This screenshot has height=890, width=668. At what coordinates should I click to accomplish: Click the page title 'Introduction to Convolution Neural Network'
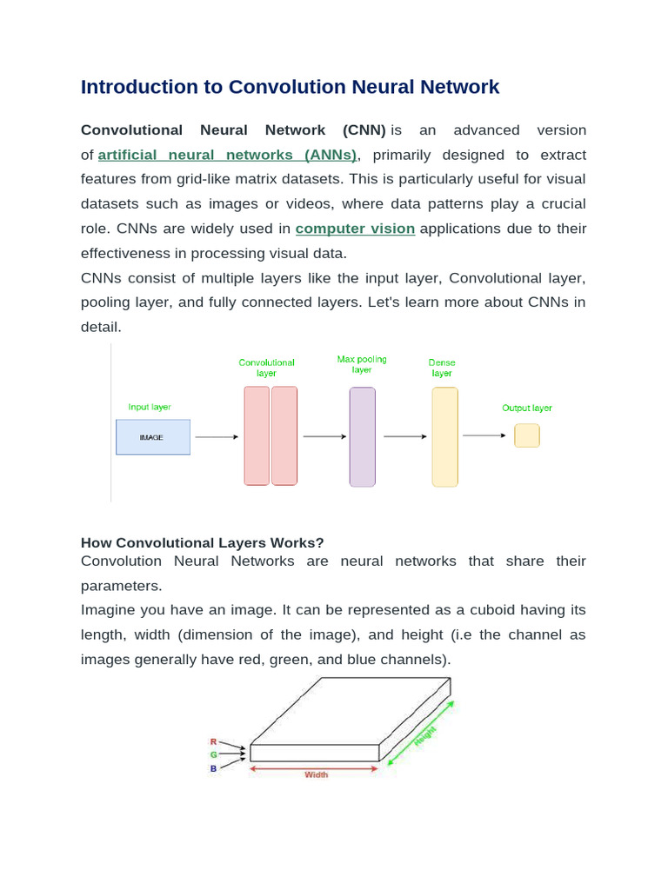[290, 87]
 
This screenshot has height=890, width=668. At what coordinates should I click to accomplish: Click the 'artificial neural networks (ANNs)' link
[228, 155]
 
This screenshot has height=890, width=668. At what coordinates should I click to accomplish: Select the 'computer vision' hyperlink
[355, 229]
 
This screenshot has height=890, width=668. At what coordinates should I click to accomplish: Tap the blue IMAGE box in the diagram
[152, 437]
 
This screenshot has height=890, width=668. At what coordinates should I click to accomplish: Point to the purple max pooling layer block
[362, 436]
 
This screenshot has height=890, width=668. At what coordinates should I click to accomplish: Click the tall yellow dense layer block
[444, 436]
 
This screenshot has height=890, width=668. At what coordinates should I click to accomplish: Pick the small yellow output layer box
[526, 435]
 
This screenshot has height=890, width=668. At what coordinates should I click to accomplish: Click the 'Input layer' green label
[150, 407]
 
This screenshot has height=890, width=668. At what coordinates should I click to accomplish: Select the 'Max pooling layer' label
[362, 364]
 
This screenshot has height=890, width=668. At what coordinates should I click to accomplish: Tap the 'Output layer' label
[527, 408]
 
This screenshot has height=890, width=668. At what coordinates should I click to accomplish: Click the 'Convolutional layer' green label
[267, 368]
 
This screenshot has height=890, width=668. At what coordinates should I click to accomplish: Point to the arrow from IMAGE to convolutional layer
[216, 437]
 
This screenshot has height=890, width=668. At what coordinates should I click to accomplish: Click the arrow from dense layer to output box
[484, 435]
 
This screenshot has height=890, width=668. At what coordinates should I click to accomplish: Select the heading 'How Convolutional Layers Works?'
[202, 542]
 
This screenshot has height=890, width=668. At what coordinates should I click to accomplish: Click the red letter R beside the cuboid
[213, 741]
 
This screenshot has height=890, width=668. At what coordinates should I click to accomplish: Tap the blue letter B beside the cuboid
[213, 768]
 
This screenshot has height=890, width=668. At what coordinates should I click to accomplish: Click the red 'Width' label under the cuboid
[316, 774]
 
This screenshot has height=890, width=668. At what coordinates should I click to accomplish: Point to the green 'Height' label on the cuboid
[424, 735]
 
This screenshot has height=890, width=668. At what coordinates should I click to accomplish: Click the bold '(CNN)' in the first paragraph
[364, 130]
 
